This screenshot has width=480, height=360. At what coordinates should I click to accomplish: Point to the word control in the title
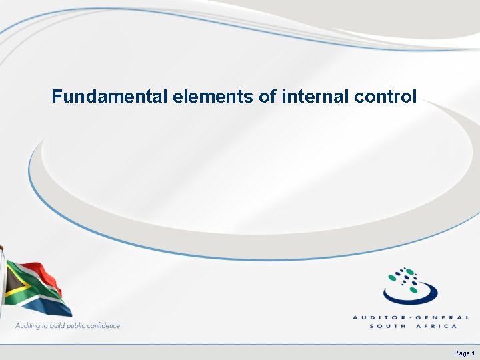click(x=386, y=97)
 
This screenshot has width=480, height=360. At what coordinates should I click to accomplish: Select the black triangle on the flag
click(x=11, y=284)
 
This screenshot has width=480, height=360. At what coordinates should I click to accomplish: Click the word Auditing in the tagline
click(x=30, y=326)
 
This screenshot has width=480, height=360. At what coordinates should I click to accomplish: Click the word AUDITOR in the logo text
click(x=377, y=318)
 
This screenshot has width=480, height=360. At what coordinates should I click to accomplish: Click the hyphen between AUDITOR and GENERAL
click(x=407, y=318)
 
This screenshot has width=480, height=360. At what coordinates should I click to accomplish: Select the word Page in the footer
click(x=461, y=353)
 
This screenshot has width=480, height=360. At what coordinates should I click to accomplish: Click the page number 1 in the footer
click(x=473, y=353)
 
